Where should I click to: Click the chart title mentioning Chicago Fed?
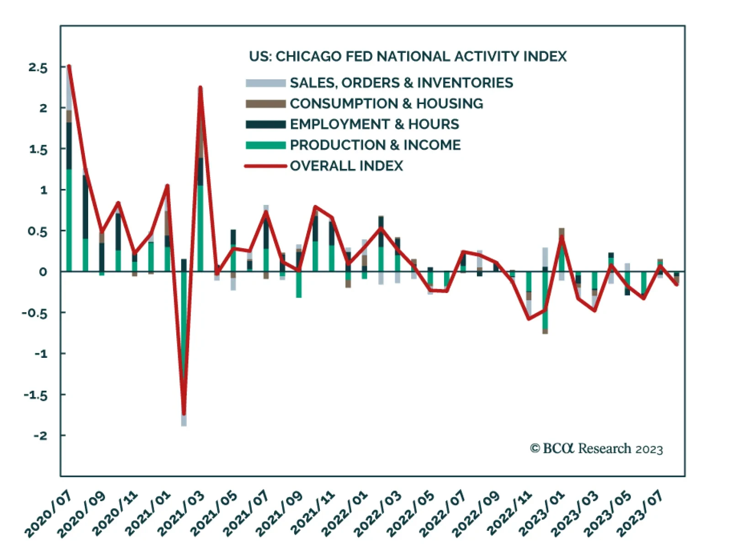coord(408,57)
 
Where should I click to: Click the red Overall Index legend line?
coord(265,166)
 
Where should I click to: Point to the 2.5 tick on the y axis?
coord(38,68)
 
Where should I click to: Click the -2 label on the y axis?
coord(40,435)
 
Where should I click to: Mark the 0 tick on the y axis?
coord(43,272)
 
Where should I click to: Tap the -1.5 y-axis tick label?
coord(36,395)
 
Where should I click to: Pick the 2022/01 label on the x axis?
coord(345,513)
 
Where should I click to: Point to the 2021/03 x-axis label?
coord(181,513)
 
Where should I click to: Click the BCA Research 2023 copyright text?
coord(596,449)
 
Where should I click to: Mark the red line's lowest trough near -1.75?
coord(184,413)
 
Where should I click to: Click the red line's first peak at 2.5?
coord(69,67)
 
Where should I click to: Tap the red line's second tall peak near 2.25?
coord(200,88)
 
